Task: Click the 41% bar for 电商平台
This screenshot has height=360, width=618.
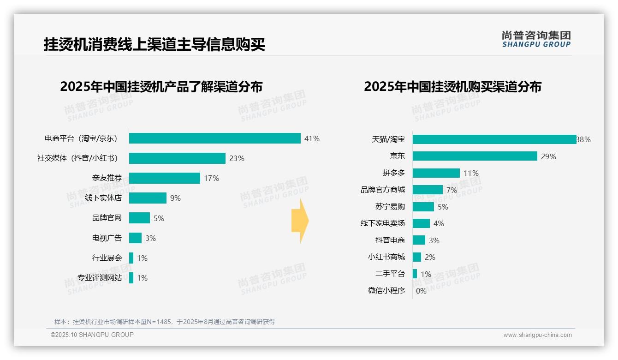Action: coord(214,138)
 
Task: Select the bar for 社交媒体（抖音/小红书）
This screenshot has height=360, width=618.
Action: coord(177,158)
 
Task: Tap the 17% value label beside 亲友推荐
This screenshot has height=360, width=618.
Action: coord(212,178)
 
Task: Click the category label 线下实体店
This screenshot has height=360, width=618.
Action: coord(103,198)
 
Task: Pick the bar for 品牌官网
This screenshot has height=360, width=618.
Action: coord(139,218)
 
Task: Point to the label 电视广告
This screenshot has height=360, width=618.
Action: coord(107,238)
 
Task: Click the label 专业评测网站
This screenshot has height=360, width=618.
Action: coord(100,278)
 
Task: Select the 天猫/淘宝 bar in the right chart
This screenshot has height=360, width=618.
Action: coord(494,139)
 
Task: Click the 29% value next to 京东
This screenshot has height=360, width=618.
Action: coord(549,156)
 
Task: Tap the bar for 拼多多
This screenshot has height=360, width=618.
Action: coord(436,173)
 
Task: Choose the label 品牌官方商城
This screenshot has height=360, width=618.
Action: coord(383,190)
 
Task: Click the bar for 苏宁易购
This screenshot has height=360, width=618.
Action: coord(423,207)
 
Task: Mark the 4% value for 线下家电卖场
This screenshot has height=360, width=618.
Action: coord(439,224)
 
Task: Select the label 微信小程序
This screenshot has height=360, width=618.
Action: coord(386,291)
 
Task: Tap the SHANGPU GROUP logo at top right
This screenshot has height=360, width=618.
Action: coord(536,39)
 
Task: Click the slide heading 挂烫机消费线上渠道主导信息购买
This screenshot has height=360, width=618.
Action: coord(154,45)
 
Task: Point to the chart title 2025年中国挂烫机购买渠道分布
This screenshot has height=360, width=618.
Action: coord(452,86)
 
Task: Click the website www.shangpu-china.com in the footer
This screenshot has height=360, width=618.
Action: coord(537,335)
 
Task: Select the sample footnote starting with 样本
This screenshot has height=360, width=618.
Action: coord(165,322)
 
